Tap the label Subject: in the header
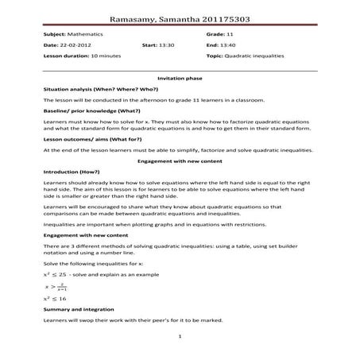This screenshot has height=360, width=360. (54, 35)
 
